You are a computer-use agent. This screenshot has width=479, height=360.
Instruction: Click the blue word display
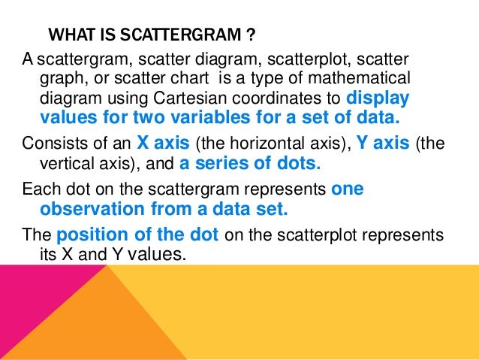click(378, 98)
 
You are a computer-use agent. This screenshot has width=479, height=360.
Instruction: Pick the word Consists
click(50, 145)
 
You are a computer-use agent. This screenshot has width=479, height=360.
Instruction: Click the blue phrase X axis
click(164, 145)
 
